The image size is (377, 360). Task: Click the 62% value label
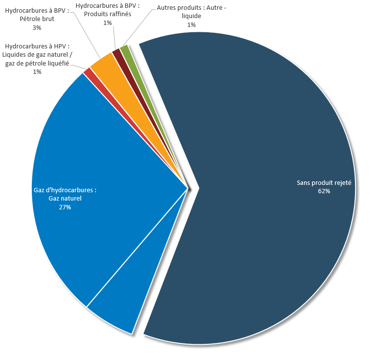click(324, 191)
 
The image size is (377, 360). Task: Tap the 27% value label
click(65, 207)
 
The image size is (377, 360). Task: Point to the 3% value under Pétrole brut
click(37, 28)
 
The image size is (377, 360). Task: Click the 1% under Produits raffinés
click(108, 22)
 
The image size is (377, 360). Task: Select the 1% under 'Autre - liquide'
click(191, 25)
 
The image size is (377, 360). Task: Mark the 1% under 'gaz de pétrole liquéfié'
click(37, 72)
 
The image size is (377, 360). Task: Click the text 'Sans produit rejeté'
click(324, 183)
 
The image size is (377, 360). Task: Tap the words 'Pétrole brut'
click(37, 20)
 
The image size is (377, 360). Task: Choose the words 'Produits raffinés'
click(108, 14)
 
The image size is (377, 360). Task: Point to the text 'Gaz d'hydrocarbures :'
click(65, 190)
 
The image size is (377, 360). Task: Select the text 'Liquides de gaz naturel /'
click(37, 54)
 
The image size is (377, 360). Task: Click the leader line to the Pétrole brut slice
click(88, 37)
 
